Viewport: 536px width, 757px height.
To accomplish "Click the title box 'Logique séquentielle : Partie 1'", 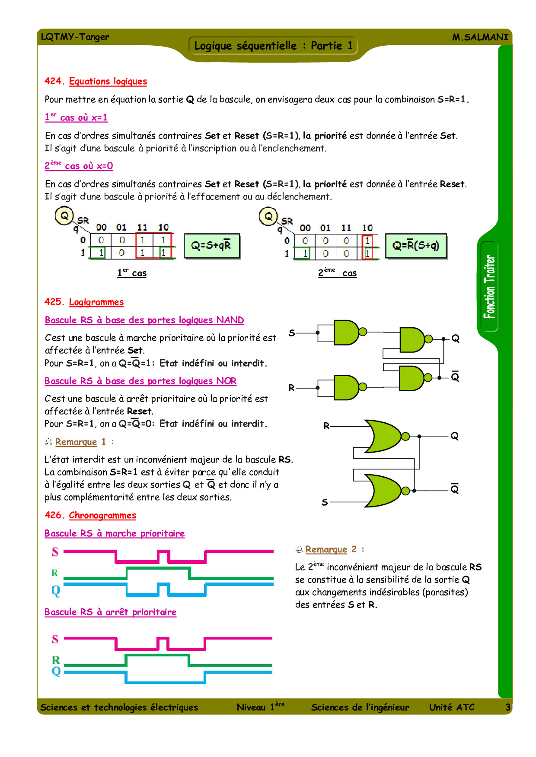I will [x=273, y=46].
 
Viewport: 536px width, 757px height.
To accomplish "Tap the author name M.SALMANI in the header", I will [x=480, y=37].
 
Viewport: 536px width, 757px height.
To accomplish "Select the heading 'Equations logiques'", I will [x=108, y=81].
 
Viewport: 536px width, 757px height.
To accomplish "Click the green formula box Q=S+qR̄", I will [x=211, y=246].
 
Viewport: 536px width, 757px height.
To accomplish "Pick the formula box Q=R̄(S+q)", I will [x=415, y=246].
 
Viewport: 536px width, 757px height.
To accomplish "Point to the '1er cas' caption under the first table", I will [x=132, y=273].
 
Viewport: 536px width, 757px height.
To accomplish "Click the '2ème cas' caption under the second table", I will [x=337, y=273].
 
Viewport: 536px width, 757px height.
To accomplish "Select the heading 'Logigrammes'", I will [x=96, y=302].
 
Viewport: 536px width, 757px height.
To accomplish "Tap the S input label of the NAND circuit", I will [x=292, y=333].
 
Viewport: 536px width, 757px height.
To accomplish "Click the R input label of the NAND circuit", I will [x=292, y=388].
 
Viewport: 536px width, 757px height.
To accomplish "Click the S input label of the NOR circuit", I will [x=325, y=502].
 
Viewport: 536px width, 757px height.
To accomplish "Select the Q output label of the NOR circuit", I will [x=454, y=436].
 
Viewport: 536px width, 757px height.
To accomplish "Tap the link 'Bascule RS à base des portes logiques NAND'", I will [x=144, y=320].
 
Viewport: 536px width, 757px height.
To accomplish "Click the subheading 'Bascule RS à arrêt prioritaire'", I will [x=111, y=612].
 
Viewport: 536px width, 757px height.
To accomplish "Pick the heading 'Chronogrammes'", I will [x=102, y=515].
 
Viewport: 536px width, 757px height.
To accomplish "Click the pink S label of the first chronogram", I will [x=55, y=552].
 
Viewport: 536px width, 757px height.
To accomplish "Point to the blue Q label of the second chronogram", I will [x=56, y=671].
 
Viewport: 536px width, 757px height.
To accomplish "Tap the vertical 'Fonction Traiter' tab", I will [x=489, y=286].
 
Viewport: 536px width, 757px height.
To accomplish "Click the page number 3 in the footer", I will [x=508, y=707].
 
